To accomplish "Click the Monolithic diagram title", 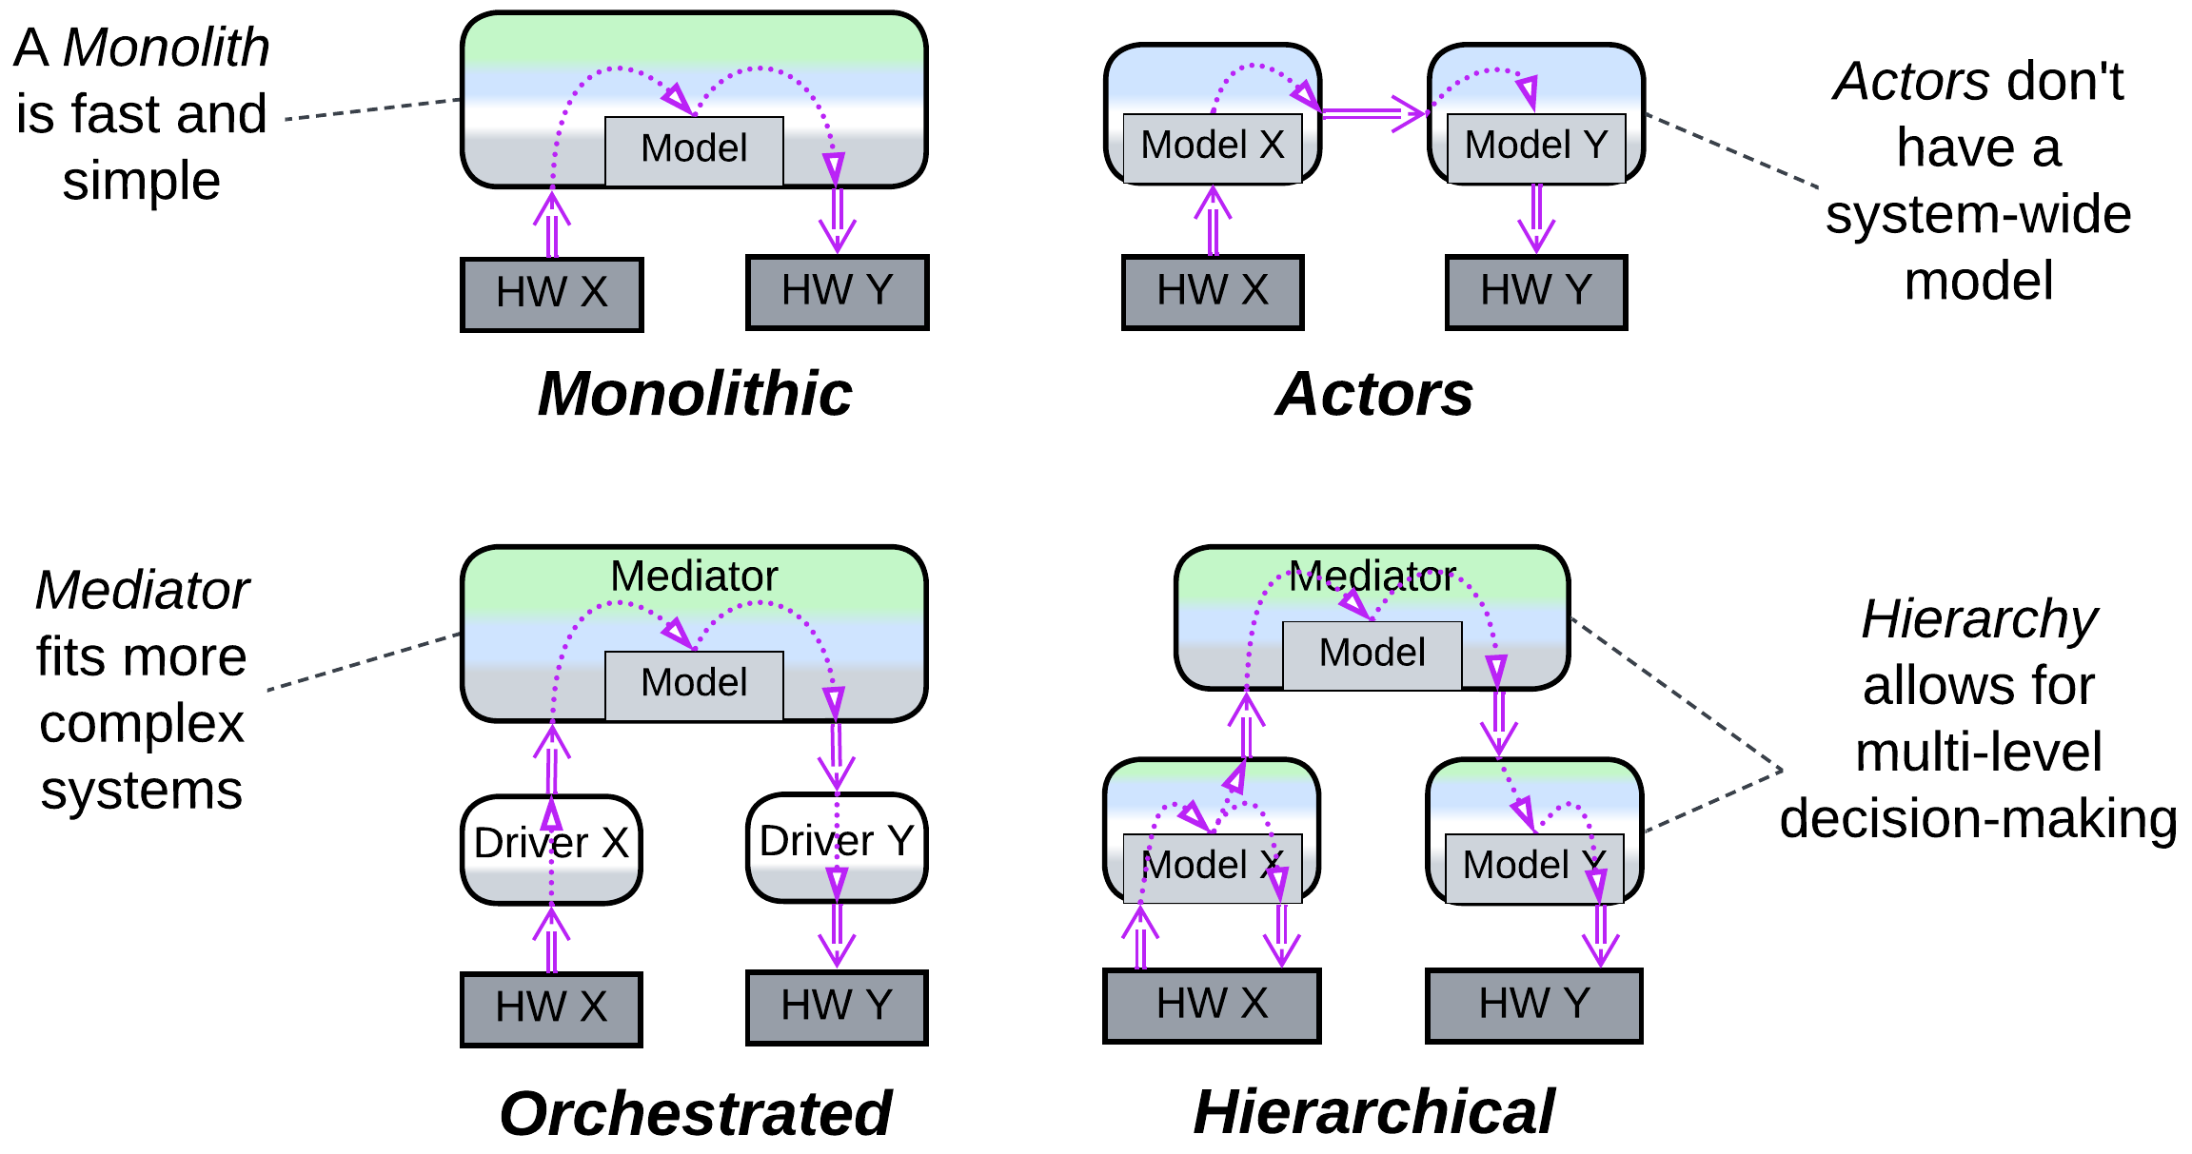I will (695, 394).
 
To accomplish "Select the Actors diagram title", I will (1373, 394).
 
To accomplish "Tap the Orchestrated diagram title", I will (695, 1113).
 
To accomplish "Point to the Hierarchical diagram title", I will (1373, 1111).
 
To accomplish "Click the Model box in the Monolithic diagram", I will (694, 150).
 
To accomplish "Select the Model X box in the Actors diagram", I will (1212, 147).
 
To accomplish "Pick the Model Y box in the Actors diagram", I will (1535, 147).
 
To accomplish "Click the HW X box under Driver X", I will (551, 1008).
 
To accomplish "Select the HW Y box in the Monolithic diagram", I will (837, 291).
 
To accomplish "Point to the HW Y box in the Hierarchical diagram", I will (1533, 1005).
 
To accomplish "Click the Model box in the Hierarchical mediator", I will (1372, 655).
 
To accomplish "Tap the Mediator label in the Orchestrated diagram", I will (694, 576).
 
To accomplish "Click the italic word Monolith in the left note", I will (167, 48).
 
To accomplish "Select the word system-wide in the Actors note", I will (1978, 214).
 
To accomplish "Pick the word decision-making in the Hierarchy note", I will (1978, 819).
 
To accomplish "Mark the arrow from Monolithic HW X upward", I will (551, 225).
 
